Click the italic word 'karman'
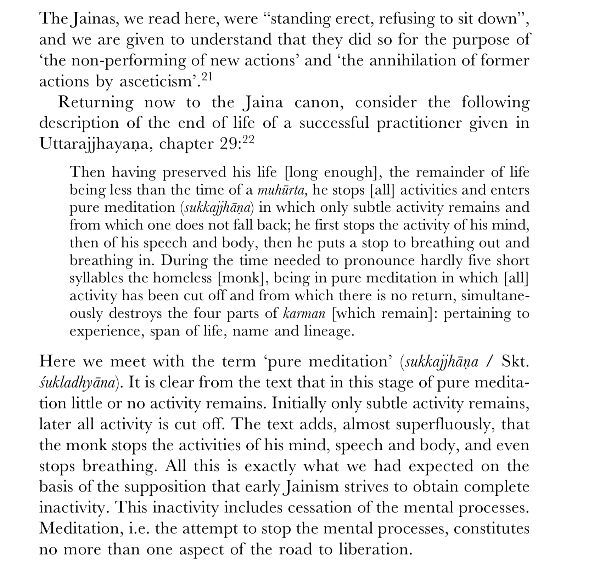304,314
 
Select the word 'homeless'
182,278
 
